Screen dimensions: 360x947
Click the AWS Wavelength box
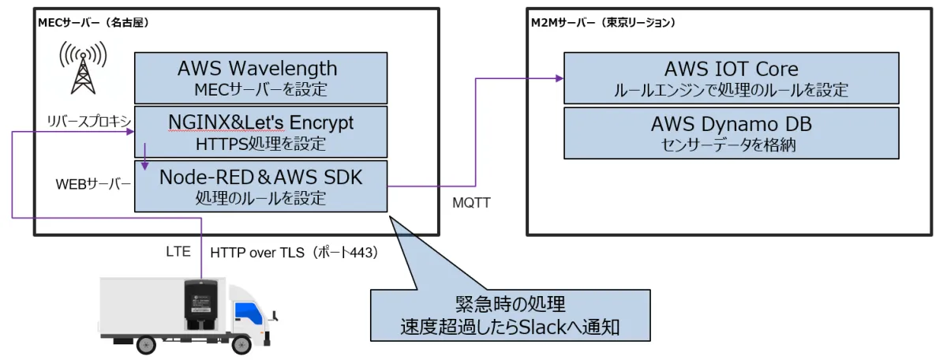260,77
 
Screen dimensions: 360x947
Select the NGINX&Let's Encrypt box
260,131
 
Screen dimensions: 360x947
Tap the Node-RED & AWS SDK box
260,186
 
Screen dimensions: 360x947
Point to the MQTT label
472,204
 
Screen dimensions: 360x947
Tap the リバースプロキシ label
88,119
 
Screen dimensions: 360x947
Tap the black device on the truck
200,303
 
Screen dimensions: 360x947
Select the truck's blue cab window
251,309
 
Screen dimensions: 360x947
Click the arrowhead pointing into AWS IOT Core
560,78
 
